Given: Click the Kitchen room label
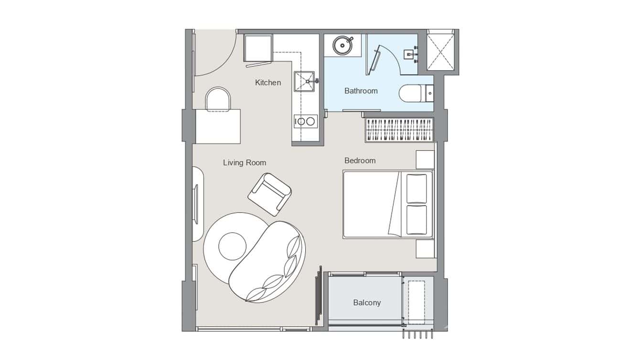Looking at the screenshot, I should click(268, 83).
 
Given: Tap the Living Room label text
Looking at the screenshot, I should click(245, 163).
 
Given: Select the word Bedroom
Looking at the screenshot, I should click(360, 161).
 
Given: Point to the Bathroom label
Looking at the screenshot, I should click(361, 91).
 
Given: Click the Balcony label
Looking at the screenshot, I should click(367, 303).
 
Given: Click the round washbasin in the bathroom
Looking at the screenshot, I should click(342, 45).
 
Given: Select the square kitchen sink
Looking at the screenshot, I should click(305, 82).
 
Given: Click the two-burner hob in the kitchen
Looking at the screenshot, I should click(305, 121).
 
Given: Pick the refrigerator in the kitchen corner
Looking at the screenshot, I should click(258, 48).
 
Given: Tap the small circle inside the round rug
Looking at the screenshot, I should click(232, 246).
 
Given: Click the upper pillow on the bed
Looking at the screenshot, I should click(417, 189).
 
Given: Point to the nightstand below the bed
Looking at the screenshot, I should click(425, 249).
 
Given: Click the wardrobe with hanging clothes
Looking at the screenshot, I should click(399, 130).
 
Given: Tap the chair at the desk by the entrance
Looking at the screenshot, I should click(218, 99).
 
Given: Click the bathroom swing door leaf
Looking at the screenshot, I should click(374, 60).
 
